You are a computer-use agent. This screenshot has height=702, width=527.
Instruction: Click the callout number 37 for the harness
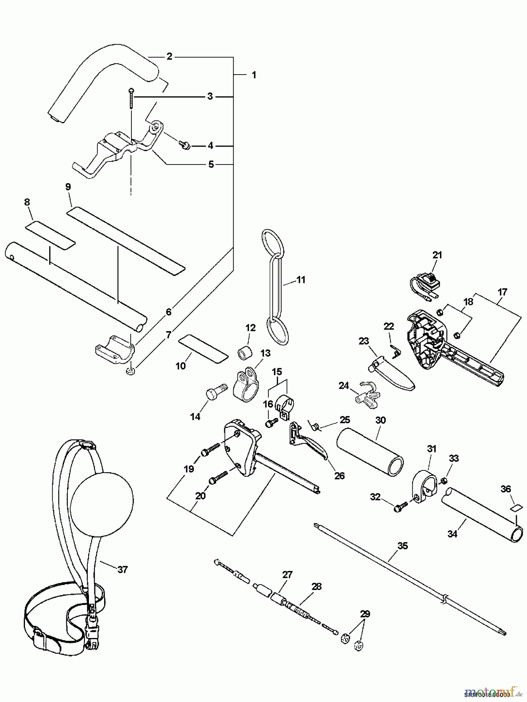[122, 569]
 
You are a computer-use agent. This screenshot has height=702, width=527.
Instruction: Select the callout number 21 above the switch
[437, 255]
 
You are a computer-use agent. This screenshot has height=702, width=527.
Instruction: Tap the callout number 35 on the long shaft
[402, 546]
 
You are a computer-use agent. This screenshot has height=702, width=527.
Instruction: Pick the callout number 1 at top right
[254, 74]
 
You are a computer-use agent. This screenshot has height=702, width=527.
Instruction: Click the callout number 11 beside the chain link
[301, 280]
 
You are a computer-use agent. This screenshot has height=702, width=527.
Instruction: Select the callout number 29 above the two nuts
[365, 614]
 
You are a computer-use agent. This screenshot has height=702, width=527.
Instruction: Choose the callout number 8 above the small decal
[27, 202]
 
